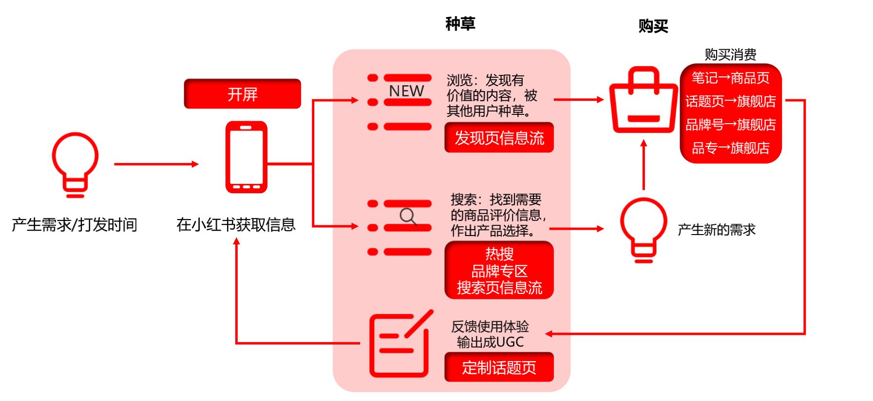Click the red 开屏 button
pyautogui.click(x=242, y=93)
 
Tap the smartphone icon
pyautogui.click(x=246, y=157)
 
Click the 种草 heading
pyautogui.click(x=460, y=24)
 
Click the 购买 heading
pyautogui.click(x=653, y=26)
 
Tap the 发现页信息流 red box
pyautogui.click(x=499, y=138)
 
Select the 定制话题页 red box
pyautogui.click(x=499, y=367)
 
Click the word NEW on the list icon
pyautogui.click(x=406, y=91)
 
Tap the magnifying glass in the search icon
pyautogui.click(x=408, y=216)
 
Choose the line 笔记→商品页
pyautogui.click(x=730, y=78)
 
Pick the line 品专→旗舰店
pyautogui.click(x=730, y=148)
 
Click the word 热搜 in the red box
pyautogui.click(x=499, y=254)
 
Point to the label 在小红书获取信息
pyautogui.click(x=236, y=224)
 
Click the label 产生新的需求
pyautogui.click(x=716, y=230)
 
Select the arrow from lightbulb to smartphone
pyautogui.click(x=156, y=164)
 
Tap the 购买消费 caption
pyautogui.click(x=730, y=55)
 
